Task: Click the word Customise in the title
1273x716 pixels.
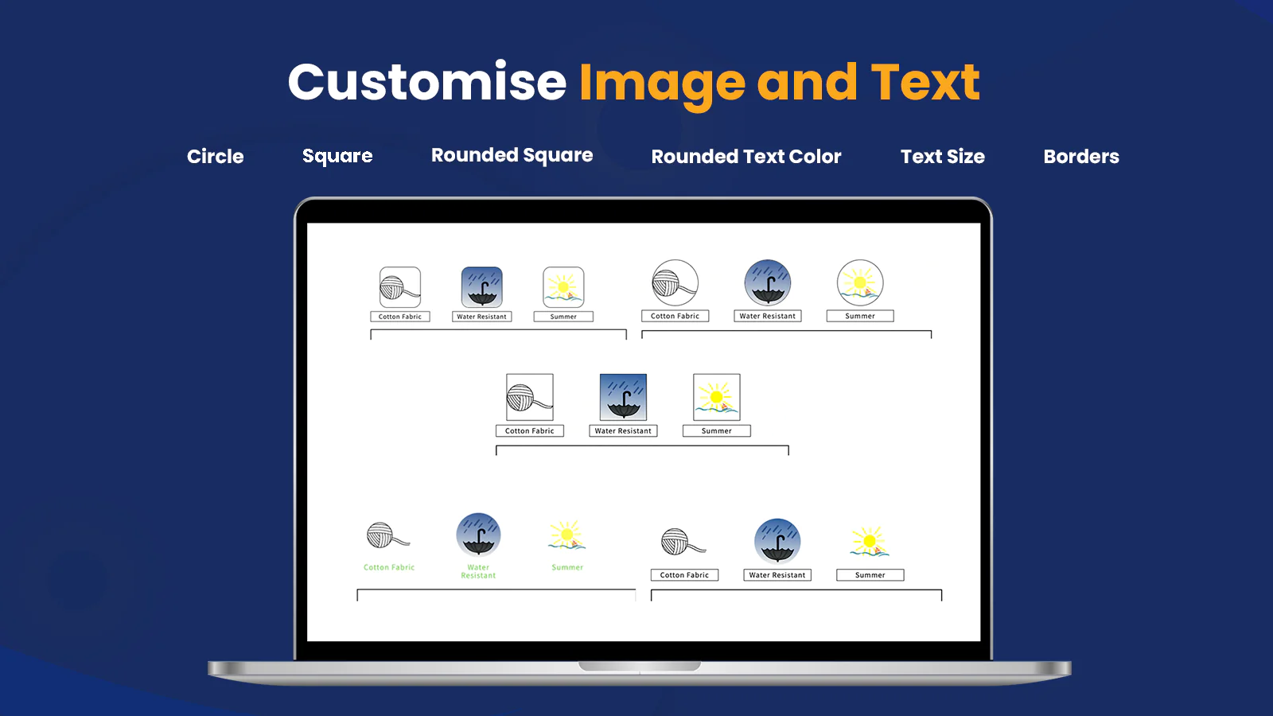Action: (x=427, y=83)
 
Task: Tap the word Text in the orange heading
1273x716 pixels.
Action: (x=925, y=83)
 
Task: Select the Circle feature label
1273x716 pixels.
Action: (x=216, y=156)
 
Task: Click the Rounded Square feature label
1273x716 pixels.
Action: (x=512, y=155)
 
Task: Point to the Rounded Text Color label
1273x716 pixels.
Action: (x=746, y=156)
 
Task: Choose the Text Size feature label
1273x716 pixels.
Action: (x=943, y=156)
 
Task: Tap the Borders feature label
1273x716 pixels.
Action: (x=1081, y=156)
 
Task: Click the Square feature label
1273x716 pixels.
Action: (x=337, y=156)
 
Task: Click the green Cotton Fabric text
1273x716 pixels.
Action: (x=389, y=567)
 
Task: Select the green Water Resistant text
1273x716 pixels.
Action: (x=478, y=571)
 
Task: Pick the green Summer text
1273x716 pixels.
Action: (x=567, y=567)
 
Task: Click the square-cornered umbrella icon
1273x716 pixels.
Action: (x=624, y=397)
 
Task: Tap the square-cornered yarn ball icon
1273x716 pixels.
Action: (x=530, y=397)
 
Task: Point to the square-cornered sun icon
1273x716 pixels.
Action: (x=717, y=397)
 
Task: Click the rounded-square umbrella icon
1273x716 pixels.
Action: (x=482, y=287)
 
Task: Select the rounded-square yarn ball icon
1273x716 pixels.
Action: (x=400, y=287)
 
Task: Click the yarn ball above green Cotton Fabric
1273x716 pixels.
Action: (x=388, y=535)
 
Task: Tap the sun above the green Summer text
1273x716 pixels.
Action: (x=566, y=535)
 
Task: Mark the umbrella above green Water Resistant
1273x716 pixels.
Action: (x=478, y=535)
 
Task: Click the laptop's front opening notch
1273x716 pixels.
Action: (x=640, y=666)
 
